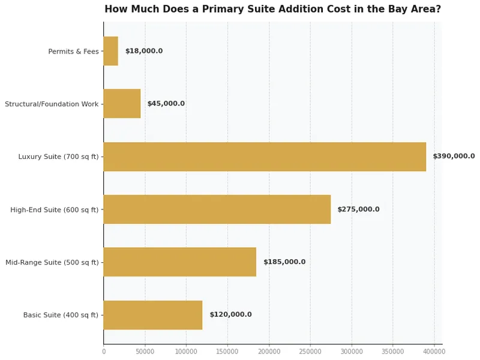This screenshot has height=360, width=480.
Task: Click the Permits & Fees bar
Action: coord(111,51)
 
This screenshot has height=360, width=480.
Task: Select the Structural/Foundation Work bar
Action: coord(122,104)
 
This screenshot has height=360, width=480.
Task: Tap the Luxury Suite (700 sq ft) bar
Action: coord(265,157)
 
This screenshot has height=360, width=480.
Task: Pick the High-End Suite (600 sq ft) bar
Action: coord(217,209)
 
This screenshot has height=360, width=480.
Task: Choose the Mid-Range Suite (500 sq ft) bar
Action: coord(179,262)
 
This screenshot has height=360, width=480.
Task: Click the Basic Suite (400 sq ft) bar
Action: coord(153,315)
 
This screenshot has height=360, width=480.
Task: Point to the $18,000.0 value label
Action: coord(144,52)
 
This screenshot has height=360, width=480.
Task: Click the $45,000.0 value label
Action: coord(166,104)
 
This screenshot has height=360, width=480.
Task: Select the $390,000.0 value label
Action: coord(454,157)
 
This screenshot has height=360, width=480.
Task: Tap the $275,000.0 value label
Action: coord(358,209)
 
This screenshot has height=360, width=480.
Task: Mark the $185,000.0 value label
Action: coord(284,262)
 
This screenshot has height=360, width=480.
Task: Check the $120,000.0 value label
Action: coord(230,315)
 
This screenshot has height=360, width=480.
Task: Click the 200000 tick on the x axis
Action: coord(269,351)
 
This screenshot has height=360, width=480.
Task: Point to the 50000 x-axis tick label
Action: coord(145,351)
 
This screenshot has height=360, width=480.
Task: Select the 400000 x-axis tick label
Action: coord(434,351)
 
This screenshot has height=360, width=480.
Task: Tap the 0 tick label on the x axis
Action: coord(103,351)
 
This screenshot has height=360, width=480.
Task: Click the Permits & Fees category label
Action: coord(73,52)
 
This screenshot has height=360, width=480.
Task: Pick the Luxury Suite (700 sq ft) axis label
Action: coord(58,157)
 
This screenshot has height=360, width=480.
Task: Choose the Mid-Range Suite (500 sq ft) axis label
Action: coord(52,263)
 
